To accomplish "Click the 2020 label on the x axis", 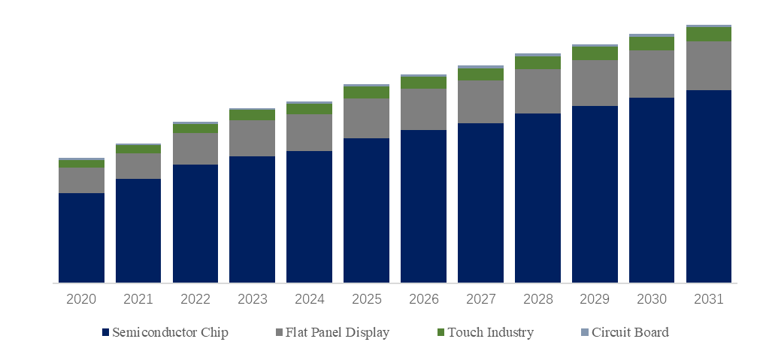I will point(81,299).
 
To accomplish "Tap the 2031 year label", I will point(709,299).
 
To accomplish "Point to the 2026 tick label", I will point(423,299).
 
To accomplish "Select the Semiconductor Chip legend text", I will point(170,332).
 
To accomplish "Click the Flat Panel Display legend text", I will point(337,332).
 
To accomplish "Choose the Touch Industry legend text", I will point(491,332).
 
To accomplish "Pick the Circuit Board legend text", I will point(630,332).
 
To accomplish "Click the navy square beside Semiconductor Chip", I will point(106,332).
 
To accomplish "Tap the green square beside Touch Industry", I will point(441,332).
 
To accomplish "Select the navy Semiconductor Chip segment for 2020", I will point(81,237).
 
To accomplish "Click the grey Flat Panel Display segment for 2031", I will point(709,65).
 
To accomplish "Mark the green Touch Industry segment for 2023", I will point(252,115).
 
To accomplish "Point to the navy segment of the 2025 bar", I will point(366,210).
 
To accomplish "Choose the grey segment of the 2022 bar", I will point(195,149).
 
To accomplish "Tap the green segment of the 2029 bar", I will point(595,53).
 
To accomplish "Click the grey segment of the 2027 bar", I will point(480,101).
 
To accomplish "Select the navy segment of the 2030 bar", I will point(652,190).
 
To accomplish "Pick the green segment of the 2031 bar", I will point(709,35).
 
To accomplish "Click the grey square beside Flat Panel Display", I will point(279,332).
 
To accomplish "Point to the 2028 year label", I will point(537,299).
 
